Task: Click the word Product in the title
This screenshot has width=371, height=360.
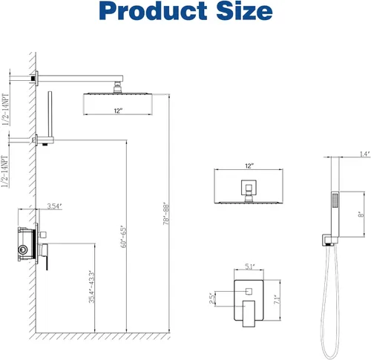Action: tap(153, 11)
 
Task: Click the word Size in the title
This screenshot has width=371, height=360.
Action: tap(244, 11)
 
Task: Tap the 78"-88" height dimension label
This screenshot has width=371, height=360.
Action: tap(166, 215)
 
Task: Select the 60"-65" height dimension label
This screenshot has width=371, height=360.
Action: tap(123, 237)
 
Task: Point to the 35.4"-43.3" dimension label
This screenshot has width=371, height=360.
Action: tap(92, 287)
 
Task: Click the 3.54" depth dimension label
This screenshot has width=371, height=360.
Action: tap(54, 206)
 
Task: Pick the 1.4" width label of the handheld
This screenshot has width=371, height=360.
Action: tap(365, 154)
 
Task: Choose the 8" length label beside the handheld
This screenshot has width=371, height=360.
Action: tap(361, 215)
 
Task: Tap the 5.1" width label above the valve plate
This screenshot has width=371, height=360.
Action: tap(250, 266)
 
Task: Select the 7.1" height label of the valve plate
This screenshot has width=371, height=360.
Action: tap(277, 300)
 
